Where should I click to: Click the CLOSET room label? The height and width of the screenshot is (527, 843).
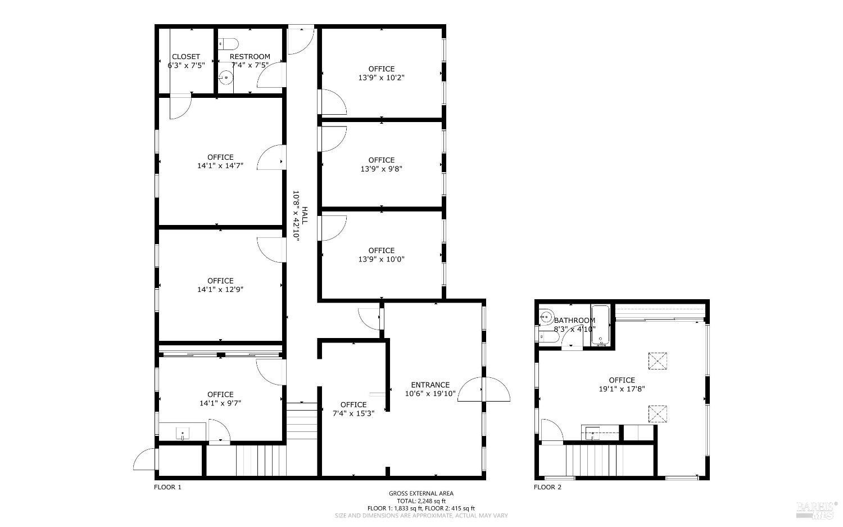[x=186, y=56]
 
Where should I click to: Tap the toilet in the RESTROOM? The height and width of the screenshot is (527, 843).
[x=228, y=44]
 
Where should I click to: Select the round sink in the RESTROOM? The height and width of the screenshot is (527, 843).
[x=226, y=77]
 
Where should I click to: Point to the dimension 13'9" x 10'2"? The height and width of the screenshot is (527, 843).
[x=381, y=78]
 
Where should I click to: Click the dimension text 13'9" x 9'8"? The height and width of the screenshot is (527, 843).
[x=381, y=169]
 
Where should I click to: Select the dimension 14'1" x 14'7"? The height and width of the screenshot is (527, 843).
[x=220, y=165]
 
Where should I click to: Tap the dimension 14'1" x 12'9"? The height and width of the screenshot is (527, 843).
[x=220, y=289]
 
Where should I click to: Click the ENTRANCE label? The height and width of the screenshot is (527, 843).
[x=430, y=385]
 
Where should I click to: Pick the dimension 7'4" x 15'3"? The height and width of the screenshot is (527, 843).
[x=353, y=413]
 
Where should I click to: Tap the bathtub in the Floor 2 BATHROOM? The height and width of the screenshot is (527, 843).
[x=600, y=325]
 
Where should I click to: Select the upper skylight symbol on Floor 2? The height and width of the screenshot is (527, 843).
[x=658, y=361]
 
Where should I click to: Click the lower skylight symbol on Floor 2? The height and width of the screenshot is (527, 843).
[x=658, y=413]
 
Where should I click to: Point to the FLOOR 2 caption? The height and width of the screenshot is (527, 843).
[x=547, y=487]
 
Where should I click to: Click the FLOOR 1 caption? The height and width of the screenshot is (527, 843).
[x=167, y=487]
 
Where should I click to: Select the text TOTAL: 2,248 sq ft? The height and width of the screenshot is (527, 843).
[x=421, y=501]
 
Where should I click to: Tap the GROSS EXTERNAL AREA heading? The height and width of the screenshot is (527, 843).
[x=421, y=493]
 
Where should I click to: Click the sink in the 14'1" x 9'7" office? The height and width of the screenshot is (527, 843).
[x=183, y=433]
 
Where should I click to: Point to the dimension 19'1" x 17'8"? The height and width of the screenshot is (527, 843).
[x=622, y=389]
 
